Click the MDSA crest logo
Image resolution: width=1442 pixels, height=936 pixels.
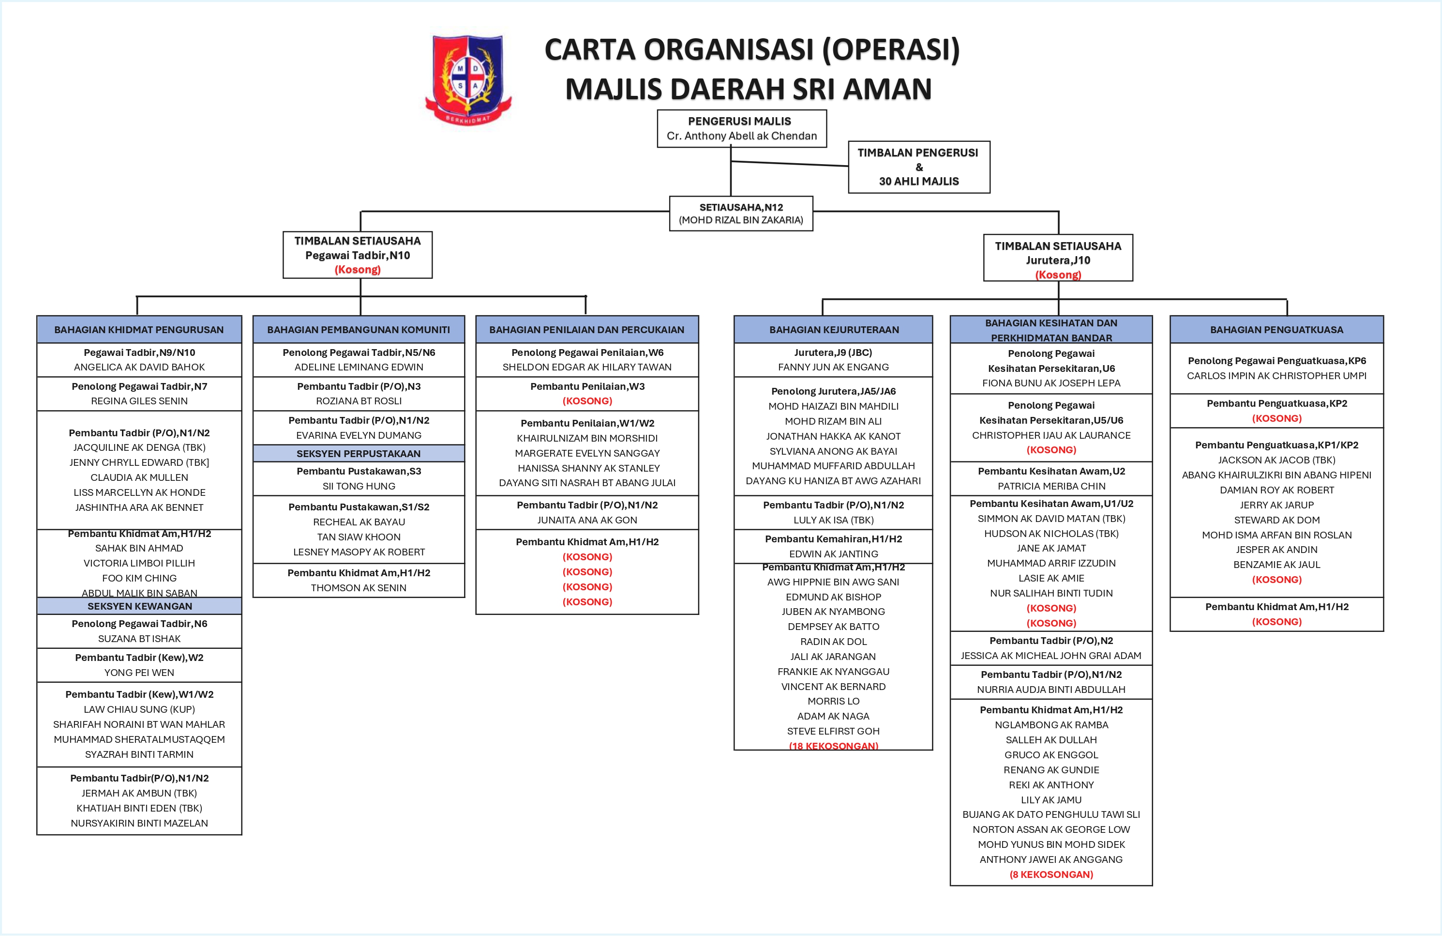point(468,79)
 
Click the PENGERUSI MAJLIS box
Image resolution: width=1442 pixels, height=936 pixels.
point(742,128)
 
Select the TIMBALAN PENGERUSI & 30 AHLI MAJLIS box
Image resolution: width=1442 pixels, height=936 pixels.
point(918,168)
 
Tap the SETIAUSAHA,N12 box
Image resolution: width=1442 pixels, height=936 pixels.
point(741,214)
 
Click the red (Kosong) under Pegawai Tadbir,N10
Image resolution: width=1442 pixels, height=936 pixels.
point(358,270)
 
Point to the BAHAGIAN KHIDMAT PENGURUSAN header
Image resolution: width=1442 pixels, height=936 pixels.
point(139,330)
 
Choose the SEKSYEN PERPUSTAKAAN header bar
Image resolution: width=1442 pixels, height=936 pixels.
point(358,453)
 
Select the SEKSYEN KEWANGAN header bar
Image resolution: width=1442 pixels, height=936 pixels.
point(139,606)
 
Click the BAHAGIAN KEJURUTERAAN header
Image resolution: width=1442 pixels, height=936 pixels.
point(834,330)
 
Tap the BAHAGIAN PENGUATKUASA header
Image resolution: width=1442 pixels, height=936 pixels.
point(1277,330)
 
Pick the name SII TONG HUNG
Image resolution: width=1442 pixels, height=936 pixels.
point(359,486)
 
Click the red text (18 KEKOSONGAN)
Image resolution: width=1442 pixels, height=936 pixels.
point(833,746)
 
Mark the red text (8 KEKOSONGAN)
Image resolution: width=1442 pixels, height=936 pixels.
point(1051,874)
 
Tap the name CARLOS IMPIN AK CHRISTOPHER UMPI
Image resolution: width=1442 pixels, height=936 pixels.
point(1277,376)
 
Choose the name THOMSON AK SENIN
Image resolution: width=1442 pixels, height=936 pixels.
point(359,588)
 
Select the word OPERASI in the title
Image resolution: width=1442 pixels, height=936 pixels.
point(891,50)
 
